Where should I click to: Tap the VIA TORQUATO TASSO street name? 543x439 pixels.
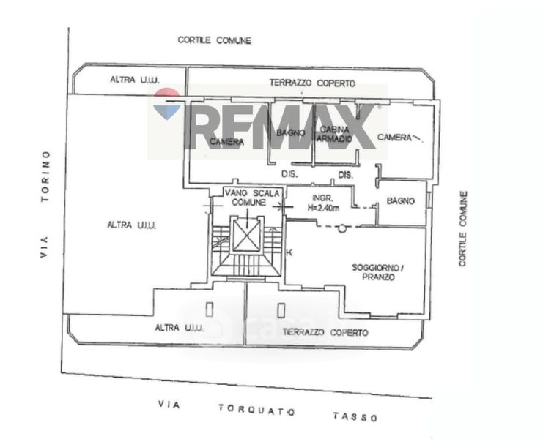coord(269,410)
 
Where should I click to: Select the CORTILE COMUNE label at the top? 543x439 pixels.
coord(214,40)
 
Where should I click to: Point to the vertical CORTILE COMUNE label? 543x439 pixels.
coord(462,228)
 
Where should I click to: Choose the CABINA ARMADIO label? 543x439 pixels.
coord(335,135)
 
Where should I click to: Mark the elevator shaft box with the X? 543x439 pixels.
coord(246,236)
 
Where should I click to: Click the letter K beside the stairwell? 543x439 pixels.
coord(289,252)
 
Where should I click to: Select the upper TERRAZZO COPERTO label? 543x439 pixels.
coord(311,84)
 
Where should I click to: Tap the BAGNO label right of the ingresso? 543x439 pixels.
coord(402,200)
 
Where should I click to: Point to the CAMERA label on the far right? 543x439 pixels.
coord(395,138)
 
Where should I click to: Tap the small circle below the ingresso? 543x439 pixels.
coord(341,228)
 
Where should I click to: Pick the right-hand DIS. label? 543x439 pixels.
coord(345,174)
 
